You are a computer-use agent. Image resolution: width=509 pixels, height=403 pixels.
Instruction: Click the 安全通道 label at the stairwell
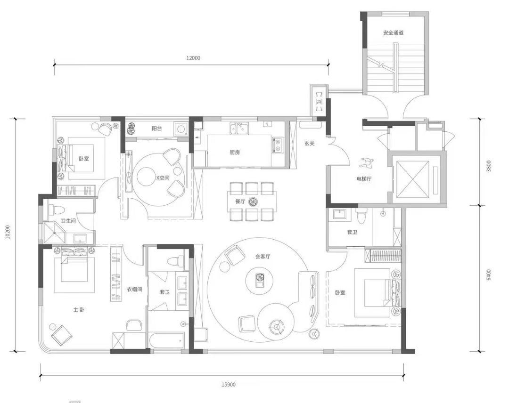coord(393,33)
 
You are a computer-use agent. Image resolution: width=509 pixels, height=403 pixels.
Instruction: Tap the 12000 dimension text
coord(193,58)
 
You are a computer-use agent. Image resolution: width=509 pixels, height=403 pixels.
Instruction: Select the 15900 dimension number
coord(229,385)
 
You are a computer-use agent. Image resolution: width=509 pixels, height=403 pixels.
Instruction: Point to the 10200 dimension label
coord(8,232)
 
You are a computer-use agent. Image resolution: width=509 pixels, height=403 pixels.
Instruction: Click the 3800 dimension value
coord(489,166)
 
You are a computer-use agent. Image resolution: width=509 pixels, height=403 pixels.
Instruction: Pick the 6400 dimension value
coord(489,274)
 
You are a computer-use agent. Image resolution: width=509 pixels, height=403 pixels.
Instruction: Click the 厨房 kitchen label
coord(235,152)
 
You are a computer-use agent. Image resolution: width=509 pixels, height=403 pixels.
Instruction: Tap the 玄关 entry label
coord(309,143)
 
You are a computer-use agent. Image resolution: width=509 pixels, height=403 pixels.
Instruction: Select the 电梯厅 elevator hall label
coord(363,178)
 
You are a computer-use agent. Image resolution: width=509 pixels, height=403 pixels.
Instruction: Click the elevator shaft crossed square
coord(412,179)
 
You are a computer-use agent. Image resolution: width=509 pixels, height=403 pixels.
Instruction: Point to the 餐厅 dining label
coord(240,201)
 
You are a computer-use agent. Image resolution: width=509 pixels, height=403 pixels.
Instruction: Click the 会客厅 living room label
coord(263,257)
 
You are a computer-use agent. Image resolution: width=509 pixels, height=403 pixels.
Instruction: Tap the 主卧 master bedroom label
coord(79,310)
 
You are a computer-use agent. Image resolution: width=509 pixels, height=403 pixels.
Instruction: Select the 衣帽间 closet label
coord(134,289)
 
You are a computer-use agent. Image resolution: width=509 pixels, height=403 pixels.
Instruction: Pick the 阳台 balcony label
coord(157,129)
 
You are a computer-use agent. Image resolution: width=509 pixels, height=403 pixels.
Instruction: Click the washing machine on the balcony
coord(181,129)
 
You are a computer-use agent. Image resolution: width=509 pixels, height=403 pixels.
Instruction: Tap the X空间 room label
coord(163,177)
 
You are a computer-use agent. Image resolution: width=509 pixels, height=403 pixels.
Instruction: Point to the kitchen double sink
coord(239,129)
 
